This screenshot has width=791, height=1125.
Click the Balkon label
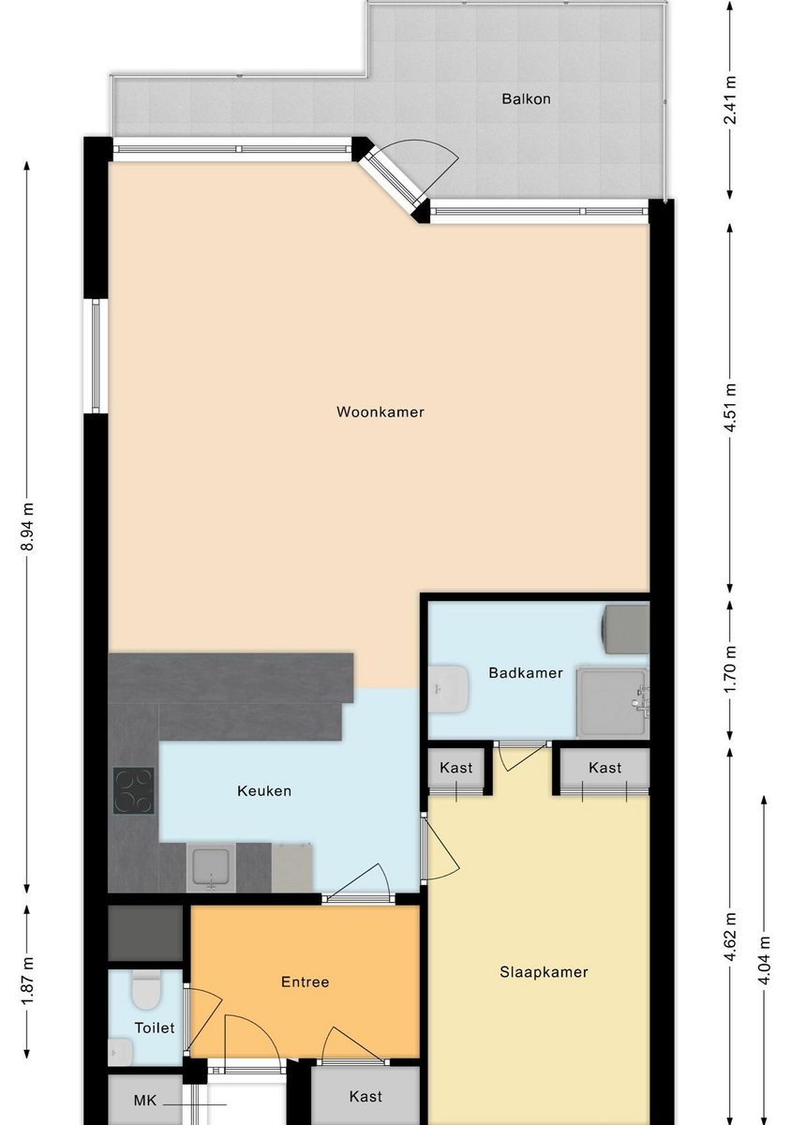[x=526, y=98]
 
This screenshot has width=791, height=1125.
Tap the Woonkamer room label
[x=381, y=412]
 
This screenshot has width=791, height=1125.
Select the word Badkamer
[x=526, y=672]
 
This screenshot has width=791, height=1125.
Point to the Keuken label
[x=264, y=791]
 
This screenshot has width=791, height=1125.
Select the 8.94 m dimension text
[x=28, y=526]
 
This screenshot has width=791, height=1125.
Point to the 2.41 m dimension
[x=731, y=99]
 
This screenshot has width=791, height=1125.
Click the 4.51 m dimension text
[x=731, y=407]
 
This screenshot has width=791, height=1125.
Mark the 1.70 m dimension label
[x=731, y=668]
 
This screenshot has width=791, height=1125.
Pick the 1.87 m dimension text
[x=28, y=981]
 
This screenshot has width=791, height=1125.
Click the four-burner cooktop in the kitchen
[x=134, y=790]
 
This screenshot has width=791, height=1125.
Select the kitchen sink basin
[x=211, y=867]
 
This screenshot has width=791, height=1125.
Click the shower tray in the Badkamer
[x=612, y=702]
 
